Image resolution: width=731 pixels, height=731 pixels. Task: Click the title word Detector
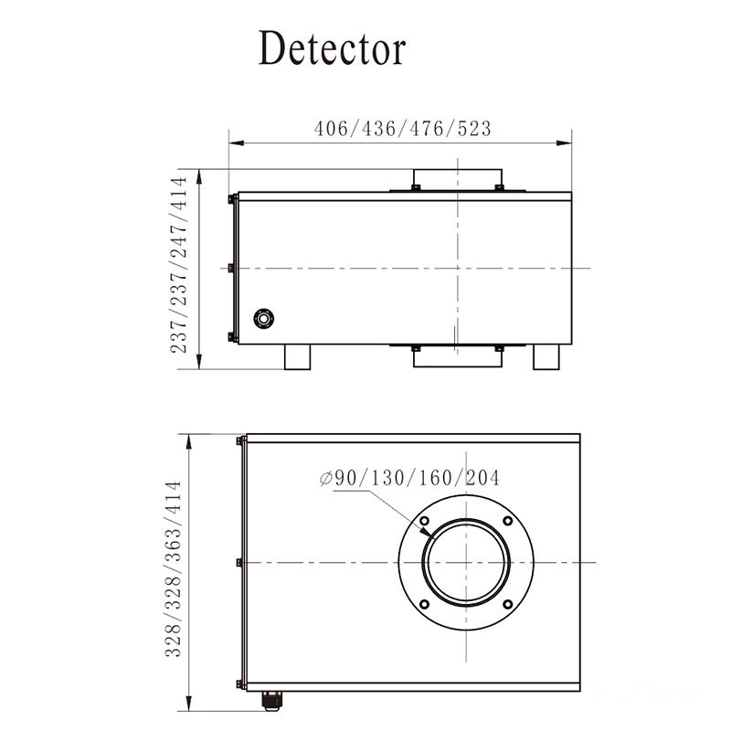(331, 48)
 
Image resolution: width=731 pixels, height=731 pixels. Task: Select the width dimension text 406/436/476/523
(402, 129)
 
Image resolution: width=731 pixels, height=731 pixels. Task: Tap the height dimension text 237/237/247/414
(184, 265)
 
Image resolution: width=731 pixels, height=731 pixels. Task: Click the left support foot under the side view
(299, 357)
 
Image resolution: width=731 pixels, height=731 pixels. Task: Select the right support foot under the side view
(547, 357)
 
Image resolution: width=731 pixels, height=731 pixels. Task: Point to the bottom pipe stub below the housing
(457, 359)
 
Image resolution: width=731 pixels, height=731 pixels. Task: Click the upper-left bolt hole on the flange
(425, 522)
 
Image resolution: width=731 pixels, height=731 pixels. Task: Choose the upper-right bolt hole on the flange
(508, 522)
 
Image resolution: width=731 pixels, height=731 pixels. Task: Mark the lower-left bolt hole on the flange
(425, 604)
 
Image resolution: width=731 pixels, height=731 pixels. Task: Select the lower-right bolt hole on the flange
(508, 604)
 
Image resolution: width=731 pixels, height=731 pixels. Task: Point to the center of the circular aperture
(466, 563)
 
